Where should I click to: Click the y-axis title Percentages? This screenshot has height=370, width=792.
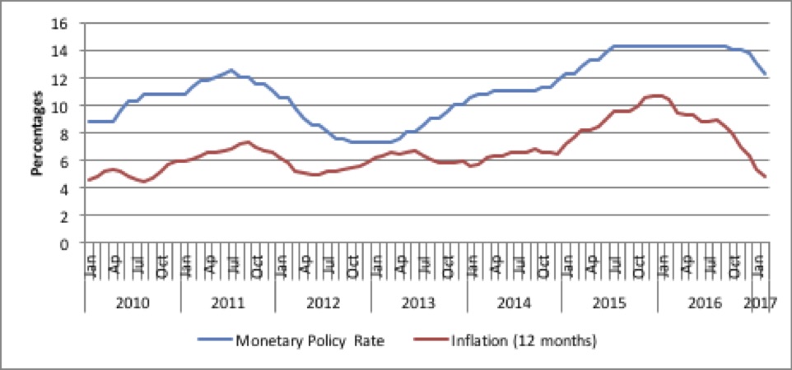(x=37, y=133)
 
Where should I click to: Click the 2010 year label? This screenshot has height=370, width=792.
(x=133, y=303)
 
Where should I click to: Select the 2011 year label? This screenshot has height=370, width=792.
(x=228, y=303)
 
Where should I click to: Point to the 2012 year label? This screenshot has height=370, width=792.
(x=324, y=303)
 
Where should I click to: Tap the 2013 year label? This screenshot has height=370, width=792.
(x=419, y=303)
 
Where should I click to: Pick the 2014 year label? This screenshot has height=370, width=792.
(x=515, y=303)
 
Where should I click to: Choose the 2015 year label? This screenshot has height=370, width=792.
(x=610, y=303)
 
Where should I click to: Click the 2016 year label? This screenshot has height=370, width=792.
(x=706, y=303)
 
